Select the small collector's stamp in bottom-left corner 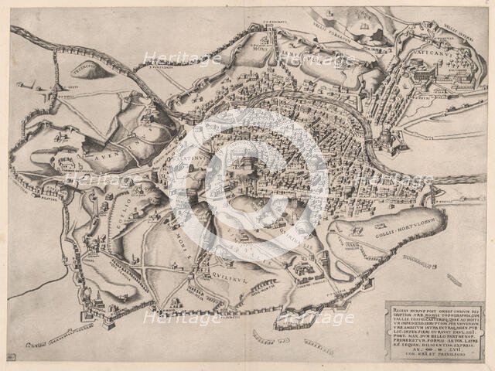pyautogui.click(x=10, y=356)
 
